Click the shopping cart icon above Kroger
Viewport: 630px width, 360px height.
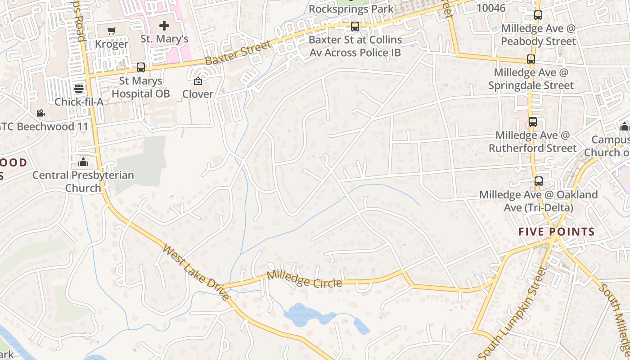tap(111, 31)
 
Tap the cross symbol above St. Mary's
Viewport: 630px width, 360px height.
tap(164, 26)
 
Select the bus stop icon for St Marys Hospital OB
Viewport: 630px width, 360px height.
tap(141, 67)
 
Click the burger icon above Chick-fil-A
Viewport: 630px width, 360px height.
tap(79, 88)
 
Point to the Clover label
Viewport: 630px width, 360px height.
tap(198, 94)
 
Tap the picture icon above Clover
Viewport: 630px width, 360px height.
tap(198, 81)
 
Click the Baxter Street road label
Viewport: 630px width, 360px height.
tap(238, 53)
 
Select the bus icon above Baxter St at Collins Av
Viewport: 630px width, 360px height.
tap(355, 27)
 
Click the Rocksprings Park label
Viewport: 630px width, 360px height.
tap(351, 9)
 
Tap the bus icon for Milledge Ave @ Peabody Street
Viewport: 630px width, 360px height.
tap(538, 15)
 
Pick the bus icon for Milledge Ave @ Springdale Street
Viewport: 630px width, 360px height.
tap(531, 59)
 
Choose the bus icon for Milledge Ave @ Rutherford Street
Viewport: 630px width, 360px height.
tap(533, 122)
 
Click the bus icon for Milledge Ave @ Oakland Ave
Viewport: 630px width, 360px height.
tap(538, 181)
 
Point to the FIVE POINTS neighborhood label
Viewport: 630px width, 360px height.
tap(556, 232)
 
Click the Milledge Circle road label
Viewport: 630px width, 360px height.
tap(304, 279)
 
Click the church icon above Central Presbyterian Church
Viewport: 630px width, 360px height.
tap(83, 162)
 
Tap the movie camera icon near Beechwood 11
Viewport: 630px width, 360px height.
tap(41, 113)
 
